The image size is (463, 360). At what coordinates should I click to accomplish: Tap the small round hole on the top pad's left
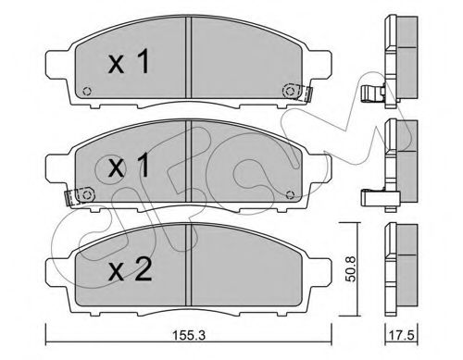point(85,92)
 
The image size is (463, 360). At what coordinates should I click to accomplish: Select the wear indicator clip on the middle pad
point(78,196)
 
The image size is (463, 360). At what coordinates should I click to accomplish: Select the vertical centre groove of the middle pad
point(189,168)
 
